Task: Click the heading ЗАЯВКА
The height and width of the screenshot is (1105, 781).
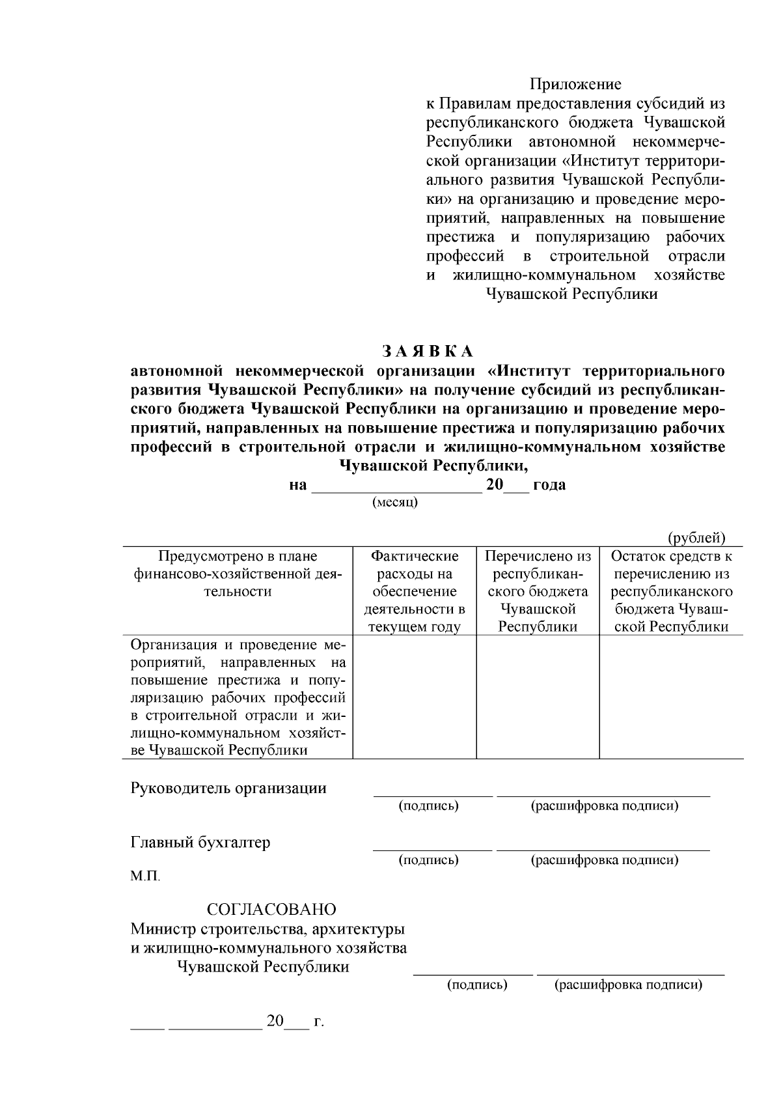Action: click(x=428, y=351)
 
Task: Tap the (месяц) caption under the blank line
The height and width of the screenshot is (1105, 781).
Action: click(x=395, y=503)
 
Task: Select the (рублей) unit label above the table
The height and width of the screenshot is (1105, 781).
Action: click(x=696, y=538)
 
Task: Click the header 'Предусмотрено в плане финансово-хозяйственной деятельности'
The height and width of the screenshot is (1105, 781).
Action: click(x=238, y=574)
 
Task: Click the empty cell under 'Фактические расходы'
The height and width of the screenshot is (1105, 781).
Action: click(x=415, y=697)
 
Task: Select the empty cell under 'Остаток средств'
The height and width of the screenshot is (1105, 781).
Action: click(x=671, y=697)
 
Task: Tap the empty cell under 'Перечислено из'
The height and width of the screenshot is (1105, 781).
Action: click(x=538, y=697)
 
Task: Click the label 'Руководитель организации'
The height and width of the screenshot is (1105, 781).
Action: click(x=228, y=789)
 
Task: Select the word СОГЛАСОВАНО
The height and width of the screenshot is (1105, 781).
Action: click(x=271, y=909)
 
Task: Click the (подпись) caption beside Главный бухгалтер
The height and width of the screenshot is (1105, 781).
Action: click(x=428, y=860)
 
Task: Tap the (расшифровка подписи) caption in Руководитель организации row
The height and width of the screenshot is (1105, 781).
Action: click(x=605, y=806)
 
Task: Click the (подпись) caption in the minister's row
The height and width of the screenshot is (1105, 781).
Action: click(x=477, y=985)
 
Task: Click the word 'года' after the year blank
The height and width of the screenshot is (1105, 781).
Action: click(x=549, y=485)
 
